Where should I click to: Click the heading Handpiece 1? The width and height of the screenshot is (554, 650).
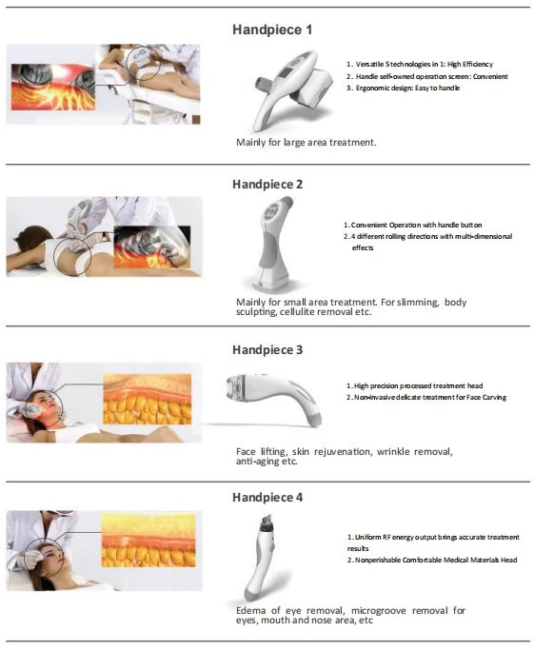pyautogui.click(x=272, y=30)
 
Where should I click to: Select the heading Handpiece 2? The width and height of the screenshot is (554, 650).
pyautogui.click(x=267, y=184)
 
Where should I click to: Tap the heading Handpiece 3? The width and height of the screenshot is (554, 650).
pyautogui.click(x=267, y=350)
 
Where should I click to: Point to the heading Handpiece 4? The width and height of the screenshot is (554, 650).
pyautogui.click(x=267, y=497)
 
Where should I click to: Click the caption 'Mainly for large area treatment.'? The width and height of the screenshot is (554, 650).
pyautogui.click(x=306, y=142)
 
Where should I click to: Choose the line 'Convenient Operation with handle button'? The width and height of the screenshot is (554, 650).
pyautogui.click(x=412, y=225)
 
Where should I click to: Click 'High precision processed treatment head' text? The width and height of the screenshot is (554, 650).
pyautogui.click(x=415, y=385)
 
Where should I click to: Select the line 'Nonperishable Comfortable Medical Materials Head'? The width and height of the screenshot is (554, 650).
pyautogui.click(x=432, y=560)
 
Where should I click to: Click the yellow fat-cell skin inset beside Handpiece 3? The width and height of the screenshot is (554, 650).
pyautogui.click(x=148, y=399)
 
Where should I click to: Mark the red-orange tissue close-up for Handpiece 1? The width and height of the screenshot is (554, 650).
pyautogui.click(x=53, y=87)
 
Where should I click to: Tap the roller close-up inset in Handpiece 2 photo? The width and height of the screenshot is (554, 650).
pyautogui.click(x=152, y=246)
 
